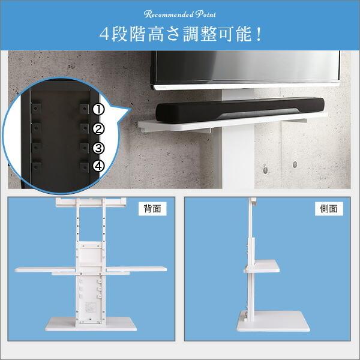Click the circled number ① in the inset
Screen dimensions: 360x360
(x=99, y=110)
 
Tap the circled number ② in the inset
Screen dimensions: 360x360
(x=99, y=128)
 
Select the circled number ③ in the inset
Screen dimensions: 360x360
(x=99, y=148)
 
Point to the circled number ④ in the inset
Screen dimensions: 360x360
(x=99, y=166)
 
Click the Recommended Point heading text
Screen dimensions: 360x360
(x=180, y=13)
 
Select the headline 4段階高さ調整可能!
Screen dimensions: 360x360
(x=180, y=34)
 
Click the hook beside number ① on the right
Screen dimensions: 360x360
(x=84, y=109)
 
